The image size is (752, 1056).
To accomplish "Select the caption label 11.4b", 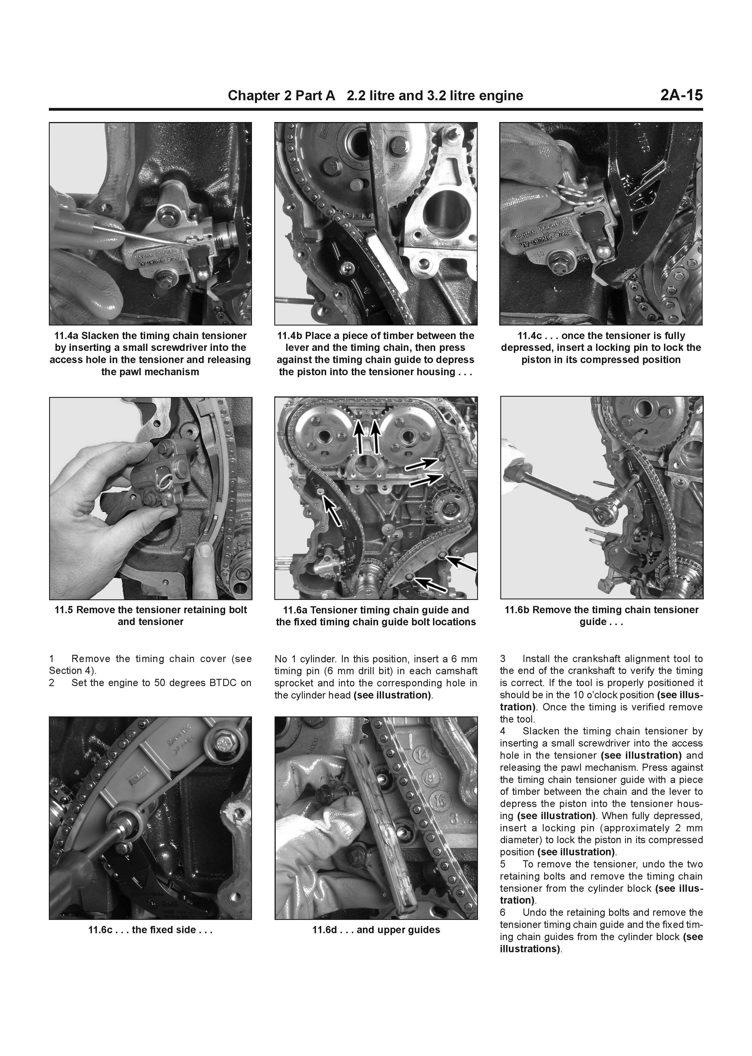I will pyautogui.click(x=289, y=336).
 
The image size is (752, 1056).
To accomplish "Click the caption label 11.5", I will pyautogui.click(x=64, y=610).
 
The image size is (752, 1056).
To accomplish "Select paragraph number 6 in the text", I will pyautogui.click(x=503, y=912).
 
